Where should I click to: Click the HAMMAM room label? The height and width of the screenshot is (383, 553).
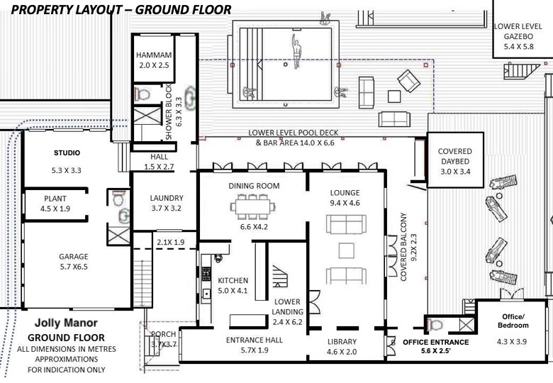[x=154, y=55]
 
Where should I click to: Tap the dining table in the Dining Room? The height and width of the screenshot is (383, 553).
[x=253, y=206]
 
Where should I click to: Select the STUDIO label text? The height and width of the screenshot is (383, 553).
[x=67, y=152]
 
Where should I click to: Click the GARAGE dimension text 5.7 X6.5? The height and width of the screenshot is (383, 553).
[x=74, y=267]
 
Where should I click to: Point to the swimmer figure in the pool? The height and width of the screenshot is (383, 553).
[x=296, y=52]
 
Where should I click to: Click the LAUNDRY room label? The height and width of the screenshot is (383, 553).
[x=167, y=198]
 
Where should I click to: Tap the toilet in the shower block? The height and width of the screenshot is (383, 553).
[x=142, y=94]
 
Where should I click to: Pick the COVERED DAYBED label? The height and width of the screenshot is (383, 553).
[x=455, y=156]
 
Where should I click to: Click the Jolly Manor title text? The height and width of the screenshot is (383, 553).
[x=67, y=323]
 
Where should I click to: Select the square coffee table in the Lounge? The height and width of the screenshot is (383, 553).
[x=346, y=251]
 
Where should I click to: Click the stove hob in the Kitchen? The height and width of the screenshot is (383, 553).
[x=206, y=274]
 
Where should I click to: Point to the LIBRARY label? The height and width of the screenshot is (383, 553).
[x=342, y=341]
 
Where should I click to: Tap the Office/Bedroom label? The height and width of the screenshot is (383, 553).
[x=513, y=321]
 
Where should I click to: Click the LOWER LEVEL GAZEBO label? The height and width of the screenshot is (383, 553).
[x=518, y=31]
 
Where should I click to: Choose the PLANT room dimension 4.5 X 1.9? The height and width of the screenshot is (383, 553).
[x=55, y=209]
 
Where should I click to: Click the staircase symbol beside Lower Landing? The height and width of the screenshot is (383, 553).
[x=280, y=276]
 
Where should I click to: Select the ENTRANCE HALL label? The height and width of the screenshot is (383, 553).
[x=255, y=340]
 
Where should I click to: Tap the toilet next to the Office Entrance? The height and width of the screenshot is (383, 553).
[x=435, y=324]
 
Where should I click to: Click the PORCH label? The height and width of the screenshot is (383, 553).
[x=163, y=334]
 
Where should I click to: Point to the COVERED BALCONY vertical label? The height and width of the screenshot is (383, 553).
[x=403, y=247]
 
